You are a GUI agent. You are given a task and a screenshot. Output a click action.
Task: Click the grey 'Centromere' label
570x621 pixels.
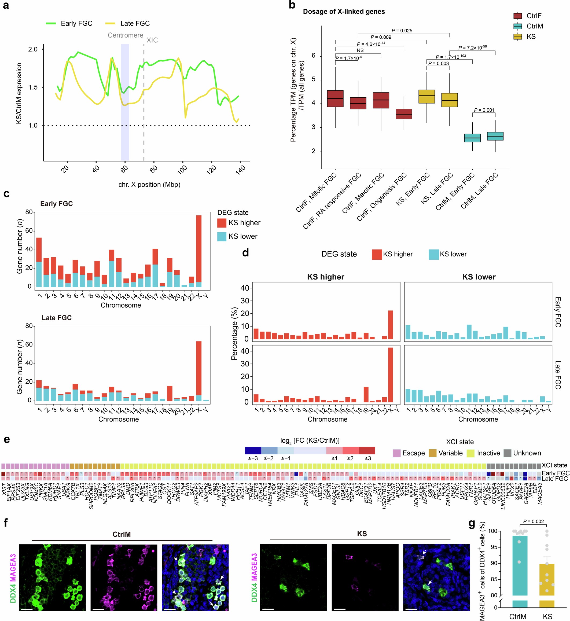click(125, 35)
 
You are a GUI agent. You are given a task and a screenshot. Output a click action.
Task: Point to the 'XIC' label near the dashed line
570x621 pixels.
click(152, 40)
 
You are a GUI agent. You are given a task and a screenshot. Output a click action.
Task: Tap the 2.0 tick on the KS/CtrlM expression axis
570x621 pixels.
click(33, 49)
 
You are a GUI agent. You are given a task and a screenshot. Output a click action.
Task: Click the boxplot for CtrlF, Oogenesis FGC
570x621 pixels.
click(404, 114)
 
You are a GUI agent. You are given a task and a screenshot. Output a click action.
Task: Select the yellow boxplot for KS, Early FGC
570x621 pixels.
click(426, 97)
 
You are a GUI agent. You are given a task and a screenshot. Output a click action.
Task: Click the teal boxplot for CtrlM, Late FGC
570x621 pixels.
click(495, 136)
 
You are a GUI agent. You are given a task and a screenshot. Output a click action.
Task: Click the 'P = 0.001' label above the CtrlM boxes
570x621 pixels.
click(484, 110)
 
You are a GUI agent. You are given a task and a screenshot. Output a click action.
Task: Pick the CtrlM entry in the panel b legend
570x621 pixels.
click(535, 26)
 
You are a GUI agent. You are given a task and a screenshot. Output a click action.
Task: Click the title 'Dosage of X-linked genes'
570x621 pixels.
click(344, 12)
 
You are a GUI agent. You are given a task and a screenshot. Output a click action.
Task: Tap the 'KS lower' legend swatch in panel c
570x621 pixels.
click(222, 236)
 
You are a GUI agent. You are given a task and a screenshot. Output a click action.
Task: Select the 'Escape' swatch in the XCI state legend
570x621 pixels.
click(396, 453)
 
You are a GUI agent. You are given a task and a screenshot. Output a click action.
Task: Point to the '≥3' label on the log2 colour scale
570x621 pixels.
click(368, 458)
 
